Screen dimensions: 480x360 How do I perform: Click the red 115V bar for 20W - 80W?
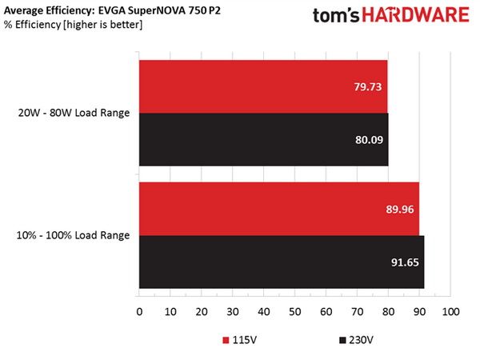pos(263,86)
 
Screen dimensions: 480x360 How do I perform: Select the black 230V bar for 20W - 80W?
pos(264,139)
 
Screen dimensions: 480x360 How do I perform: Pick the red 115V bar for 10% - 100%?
pos(279,209)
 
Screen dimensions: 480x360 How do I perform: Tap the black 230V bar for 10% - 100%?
pos(282,262)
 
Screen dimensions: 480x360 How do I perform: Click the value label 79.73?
pos(368,87)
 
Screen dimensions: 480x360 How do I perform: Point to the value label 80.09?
pos(369,140)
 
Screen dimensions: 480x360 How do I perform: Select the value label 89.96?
pos(400,210)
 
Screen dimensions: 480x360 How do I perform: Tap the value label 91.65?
pos(405,262)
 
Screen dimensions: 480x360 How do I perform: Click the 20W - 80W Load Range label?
pos(74,113)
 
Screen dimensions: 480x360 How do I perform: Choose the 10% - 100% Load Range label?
pos(73,235)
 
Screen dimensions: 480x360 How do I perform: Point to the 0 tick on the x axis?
pos(139,312)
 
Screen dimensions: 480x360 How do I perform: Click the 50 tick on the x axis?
pos(294,312)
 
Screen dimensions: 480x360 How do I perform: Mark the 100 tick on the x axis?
pos(450,312)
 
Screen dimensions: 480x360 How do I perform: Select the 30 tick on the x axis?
pos(233,312)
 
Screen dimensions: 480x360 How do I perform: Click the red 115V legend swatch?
pos(226,340)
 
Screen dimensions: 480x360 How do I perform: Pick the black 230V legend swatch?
pos(342,340)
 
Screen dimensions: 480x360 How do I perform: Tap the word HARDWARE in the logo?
pos(415,15)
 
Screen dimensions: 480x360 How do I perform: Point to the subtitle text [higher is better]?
pos(103,25)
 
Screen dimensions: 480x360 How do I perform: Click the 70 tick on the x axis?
pos(357,312)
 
